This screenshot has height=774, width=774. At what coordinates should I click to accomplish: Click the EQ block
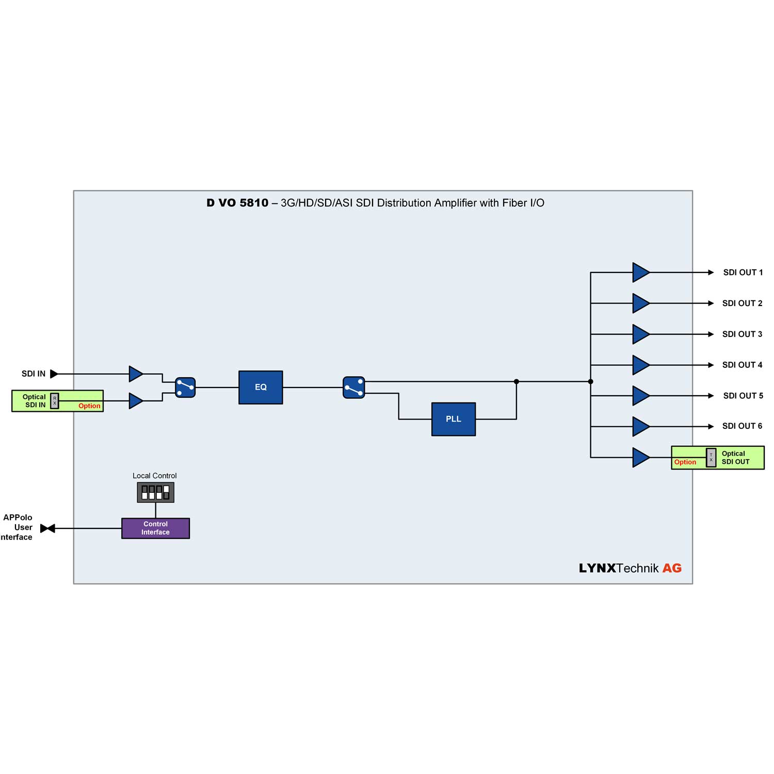[261, 387]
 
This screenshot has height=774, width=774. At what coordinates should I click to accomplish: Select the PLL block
[453, 419]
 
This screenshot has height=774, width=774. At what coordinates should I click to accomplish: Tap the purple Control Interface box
[155, 528]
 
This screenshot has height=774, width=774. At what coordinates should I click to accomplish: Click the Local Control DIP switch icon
[155, 492]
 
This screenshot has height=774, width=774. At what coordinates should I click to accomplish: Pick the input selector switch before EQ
[185, 387]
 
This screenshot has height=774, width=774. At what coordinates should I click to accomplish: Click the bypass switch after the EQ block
[354, 387]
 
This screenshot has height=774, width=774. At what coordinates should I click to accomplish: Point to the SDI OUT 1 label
[743, 272]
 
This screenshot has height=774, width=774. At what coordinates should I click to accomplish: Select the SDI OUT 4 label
[742, 365]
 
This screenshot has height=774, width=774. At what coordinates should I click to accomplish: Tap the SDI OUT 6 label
[742, 426]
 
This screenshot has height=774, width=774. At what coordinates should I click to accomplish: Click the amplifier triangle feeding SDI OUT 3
[640, 334]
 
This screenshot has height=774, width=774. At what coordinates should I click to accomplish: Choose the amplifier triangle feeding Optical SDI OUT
[640, 457]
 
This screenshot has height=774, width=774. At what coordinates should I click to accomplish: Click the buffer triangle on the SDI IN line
[135, 374]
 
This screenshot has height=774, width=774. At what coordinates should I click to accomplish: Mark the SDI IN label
[34, 374]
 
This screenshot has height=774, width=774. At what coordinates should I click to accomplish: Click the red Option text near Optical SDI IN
[89, 406]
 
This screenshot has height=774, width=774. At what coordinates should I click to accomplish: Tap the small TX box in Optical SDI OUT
[711, 457]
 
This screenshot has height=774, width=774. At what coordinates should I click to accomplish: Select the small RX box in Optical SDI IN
[55, 401]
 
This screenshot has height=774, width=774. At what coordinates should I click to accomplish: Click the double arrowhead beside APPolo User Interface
[47, 528]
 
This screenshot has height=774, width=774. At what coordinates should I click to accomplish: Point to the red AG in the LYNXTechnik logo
[672, 568]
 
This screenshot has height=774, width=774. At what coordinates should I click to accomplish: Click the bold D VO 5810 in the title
[237, 203]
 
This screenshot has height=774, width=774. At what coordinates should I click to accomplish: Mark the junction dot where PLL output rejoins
[516, 381]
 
